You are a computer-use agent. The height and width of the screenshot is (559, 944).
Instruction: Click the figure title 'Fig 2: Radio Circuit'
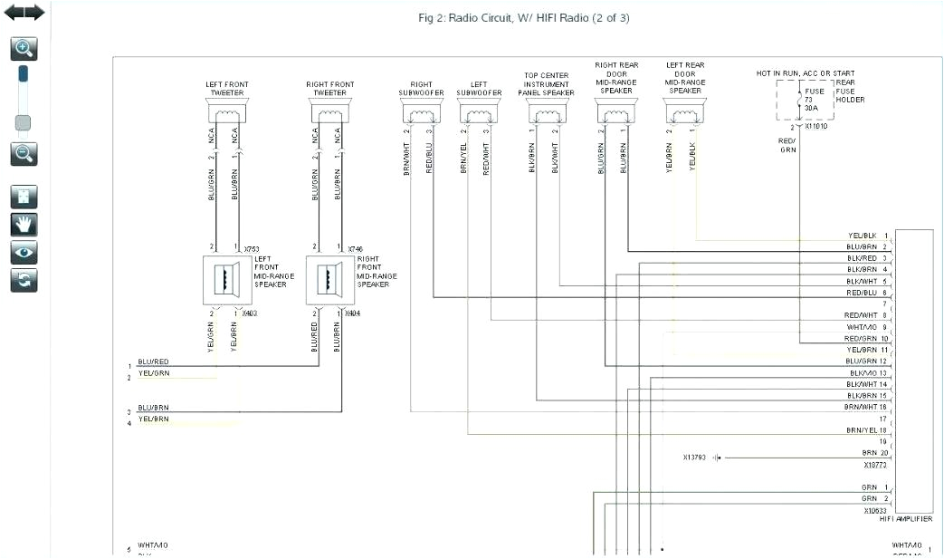(523, 17)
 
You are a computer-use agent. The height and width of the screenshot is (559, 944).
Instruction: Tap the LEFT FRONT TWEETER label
(226, 88)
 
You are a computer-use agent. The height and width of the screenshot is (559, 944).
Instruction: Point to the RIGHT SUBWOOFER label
(422, 88)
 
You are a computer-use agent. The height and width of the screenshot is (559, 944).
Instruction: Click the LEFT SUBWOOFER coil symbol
(479, 113)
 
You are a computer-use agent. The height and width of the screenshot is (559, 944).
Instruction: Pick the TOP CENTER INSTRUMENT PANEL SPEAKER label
(546, 84)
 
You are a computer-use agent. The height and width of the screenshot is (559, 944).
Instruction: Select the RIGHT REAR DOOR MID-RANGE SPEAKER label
(616, 78)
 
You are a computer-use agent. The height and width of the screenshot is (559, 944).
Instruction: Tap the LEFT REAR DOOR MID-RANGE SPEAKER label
(685, 78)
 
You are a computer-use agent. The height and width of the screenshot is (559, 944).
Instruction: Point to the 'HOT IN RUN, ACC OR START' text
(805, 73)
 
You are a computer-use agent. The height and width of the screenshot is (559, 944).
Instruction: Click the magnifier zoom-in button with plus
(24, 49)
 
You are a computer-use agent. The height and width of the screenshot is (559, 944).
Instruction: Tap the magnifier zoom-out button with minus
(24, 153)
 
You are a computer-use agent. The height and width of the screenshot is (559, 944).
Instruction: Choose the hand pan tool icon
(24, 225)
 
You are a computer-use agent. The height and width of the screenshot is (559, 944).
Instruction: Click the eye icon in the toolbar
(24, 252)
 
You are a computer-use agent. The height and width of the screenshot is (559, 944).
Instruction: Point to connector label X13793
(696, 458)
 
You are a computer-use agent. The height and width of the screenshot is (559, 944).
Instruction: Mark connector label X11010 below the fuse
(815, 126)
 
